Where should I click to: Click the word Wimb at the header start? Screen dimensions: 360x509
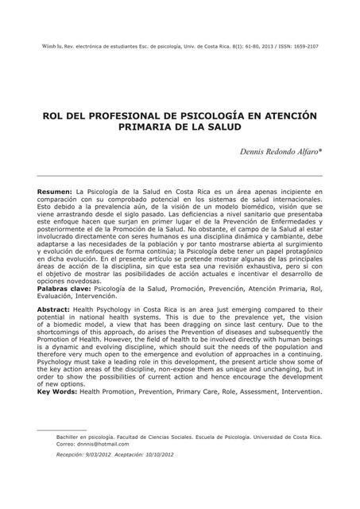coord(45,47)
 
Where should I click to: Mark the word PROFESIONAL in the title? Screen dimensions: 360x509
coord(107,115)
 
